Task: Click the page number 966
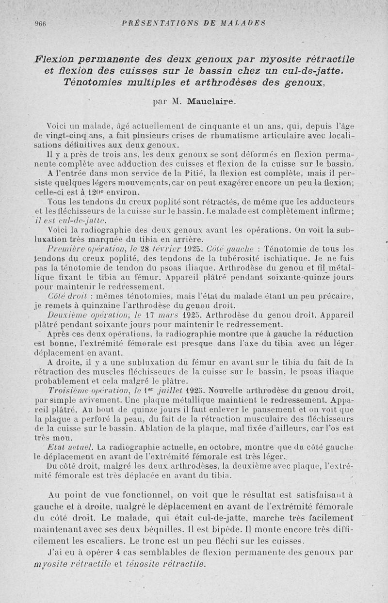(x=39, y=22)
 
